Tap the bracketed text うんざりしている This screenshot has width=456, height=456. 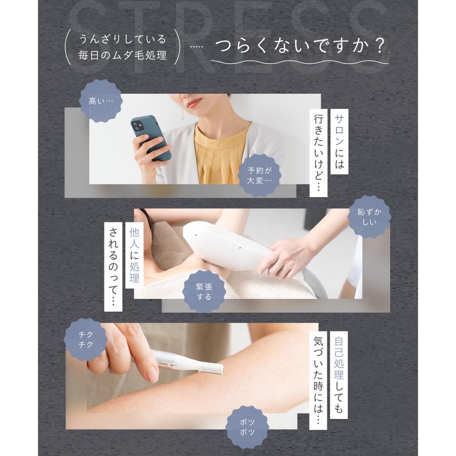[123, 39]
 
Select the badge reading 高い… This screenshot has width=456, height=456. [102, 101]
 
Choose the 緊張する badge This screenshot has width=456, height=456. [204, 290]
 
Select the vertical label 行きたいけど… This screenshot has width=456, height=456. [318, 153]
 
